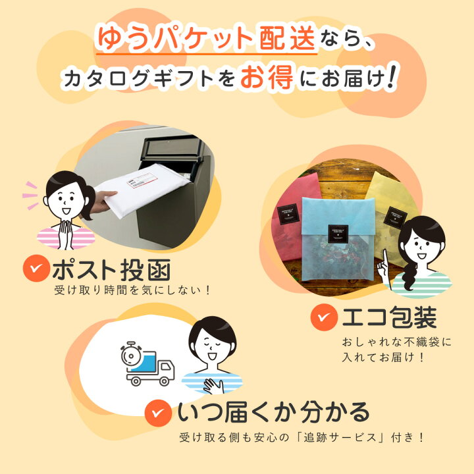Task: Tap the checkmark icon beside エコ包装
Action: point(322,318)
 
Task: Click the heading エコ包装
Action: point(388,318)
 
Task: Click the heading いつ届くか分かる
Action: point(273,412)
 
